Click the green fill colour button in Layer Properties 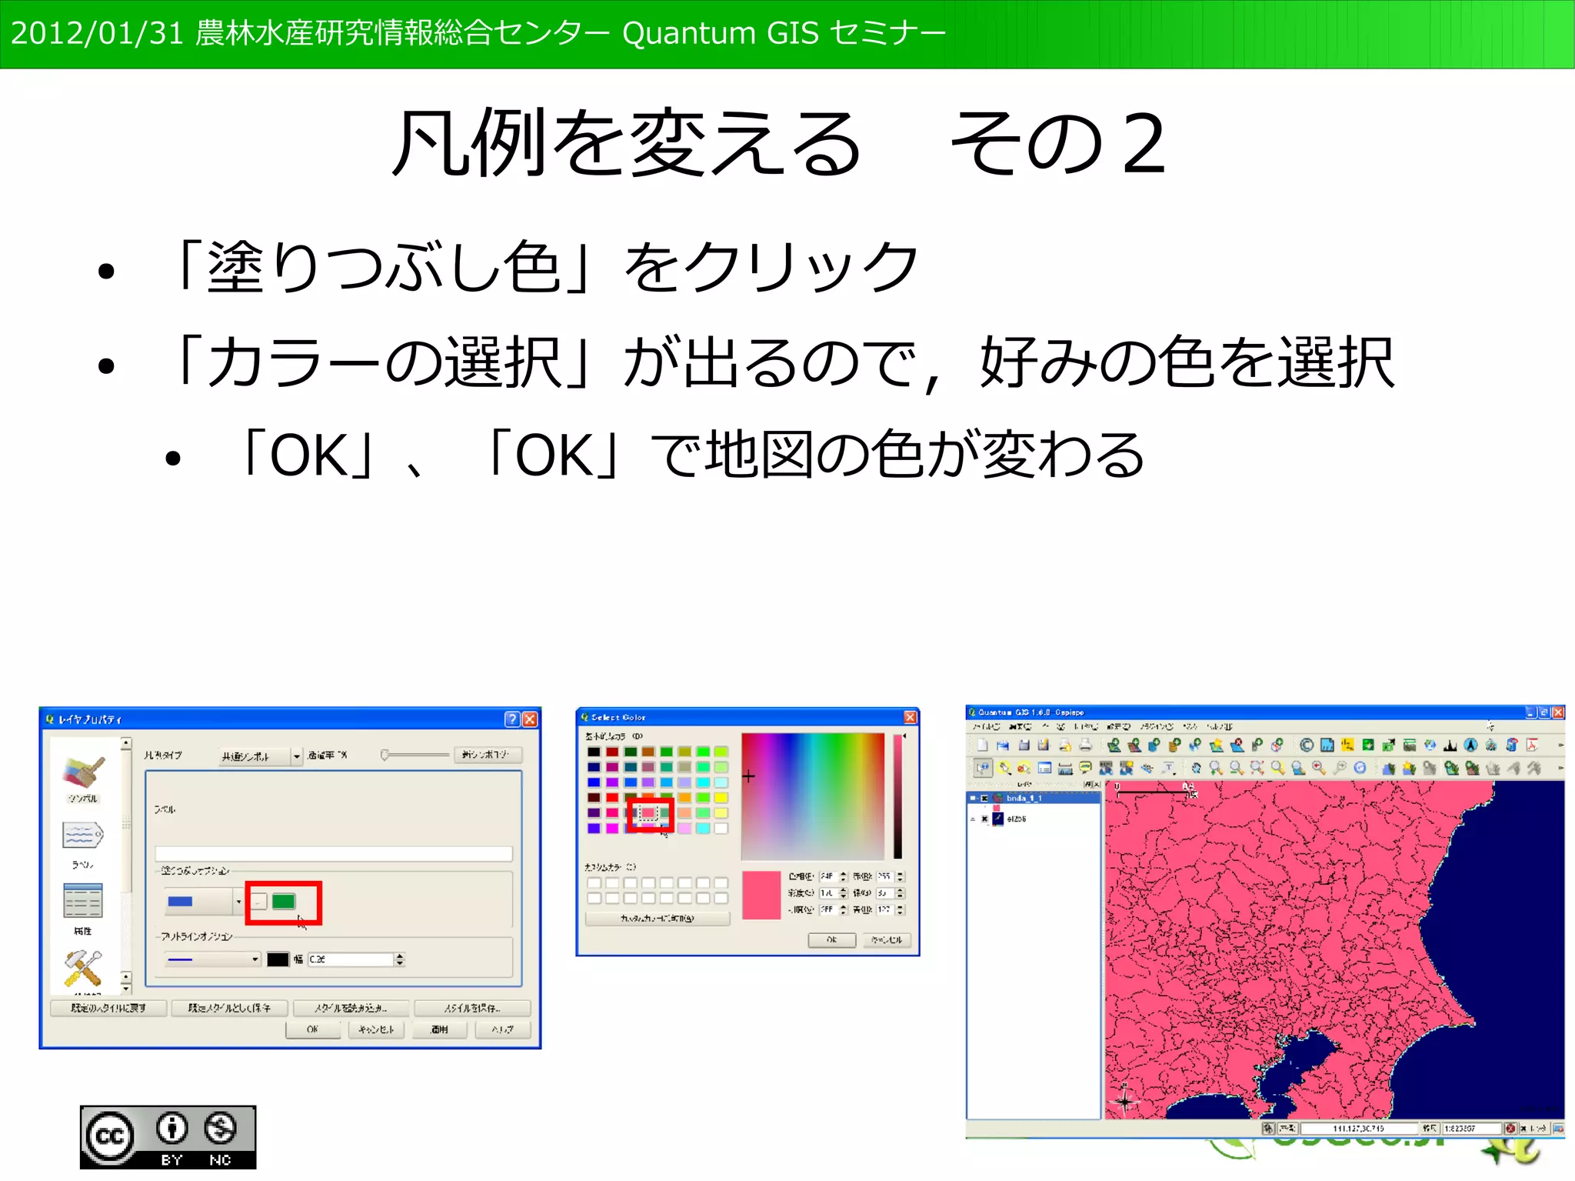coord(284,901)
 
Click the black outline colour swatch coord(277,959)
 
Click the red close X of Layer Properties coord(530,719)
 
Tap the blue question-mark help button coord(512,719)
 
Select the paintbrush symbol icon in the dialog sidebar coord(83,771)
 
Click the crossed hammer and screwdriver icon coord(83,968)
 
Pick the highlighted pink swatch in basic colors coord(648,813)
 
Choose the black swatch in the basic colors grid coord(594,752)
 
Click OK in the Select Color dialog coord(831,939)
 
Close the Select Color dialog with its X coord(910,717)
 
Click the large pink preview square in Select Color coord(761,895)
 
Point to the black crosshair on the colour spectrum coord(748,776)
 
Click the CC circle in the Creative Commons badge coord(109,1136)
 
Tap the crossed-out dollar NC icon coord(221,1129)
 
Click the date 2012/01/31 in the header coord(97,33)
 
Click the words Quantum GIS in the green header coord(708,33)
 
